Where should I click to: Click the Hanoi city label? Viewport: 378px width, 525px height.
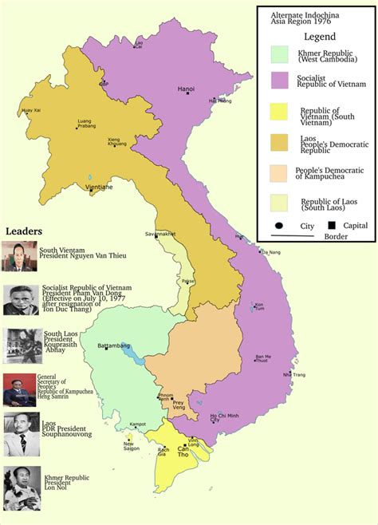(186, 88)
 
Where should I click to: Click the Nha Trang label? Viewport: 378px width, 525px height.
(293, 374)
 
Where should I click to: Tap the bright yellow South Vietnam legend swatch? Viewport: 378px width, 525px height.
(278, 113)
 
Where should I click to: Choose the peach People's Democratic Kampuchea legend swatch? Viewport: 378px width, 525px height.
(278, 173)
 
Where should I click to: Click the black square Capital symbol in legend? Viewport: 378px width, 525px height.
(329, 225)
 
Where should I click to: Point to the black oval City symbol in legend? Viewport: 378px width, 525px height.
(281, 226)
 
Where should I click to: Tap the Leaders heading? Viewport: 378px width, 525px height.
(24, 231)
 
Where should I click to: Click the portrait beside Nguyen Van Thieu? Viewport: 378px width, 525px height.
(18, 256)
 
